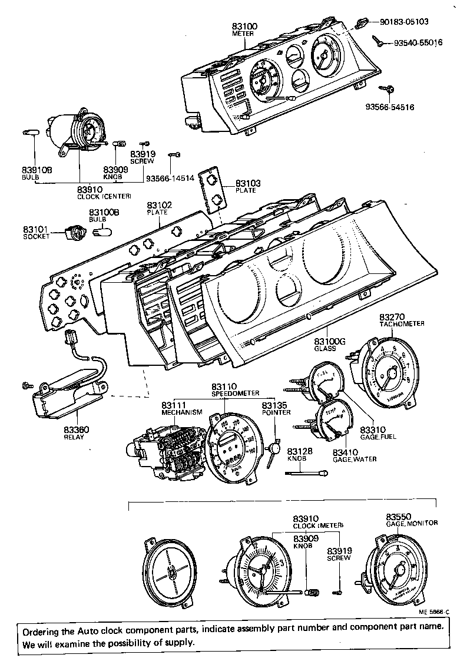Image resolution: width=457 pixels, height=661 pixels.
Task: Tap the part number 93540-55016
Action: (411, 44)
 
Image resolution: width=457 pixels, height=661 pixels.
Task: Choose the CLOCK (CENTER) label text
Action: (104, 196)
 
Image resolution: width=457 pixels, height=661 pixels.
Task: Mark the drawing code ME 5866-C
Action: (433, 612)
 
